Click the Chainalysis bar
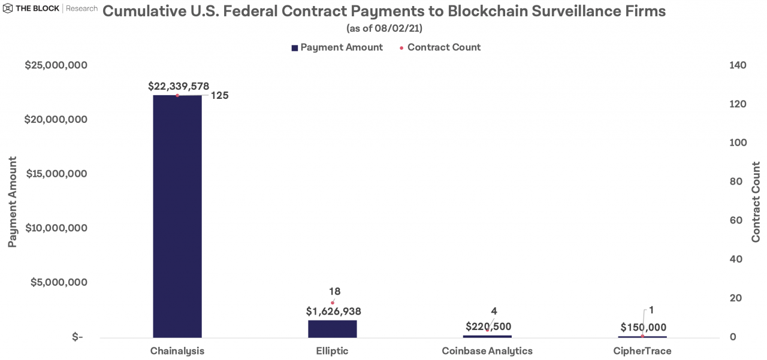(x=177, y=216)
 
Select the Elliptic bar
(x=333, y=328)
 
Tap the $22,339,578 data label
(x=179, y=86)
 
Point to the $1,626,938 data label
(x=334, y=311)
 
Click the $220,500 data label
(x=488, y=327)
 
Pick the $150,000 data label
(x=643, y=328)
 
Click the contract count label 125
(x=219, y=95)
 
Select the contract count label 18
(x=334, y=292)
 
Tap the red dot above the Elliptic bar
(x=333, y=302)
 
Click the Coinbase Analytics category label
(x=487, y=351)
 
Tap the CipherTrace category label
(x=642, y=351)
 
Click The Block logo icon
(x=8, y=9)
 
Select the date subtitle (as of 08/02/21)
(x=384, y=28)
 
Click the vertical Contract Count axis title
(x=756, y=201)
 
